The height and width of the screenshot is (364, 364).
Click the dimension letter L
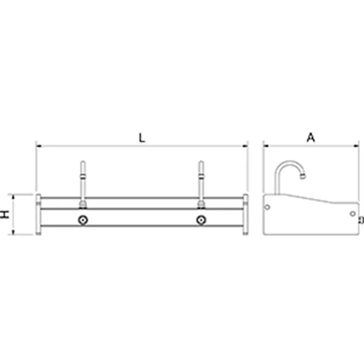pos(141,138)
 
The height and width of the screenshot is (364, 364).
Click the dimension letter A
pos(311,137)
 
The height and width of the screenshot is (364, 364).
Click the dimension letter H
pos(5,214)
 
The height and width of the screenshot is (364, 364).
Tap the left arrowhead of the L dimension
pos(39,146)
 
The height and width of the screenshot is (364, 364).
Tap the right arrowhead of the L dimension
pos(245,146)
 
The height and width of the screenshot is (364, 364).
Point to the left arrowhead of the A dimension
pos(266,146)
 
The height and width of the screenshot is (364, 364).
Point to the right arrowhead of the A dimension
pos(356,146)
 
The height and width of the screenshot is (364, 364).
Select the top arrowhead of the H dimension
pos(13,197)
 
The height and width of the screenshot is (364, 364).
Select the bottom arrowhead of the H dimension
pos(13,232)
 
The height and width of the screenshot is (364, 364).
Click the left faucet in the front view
pos(83,184)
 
